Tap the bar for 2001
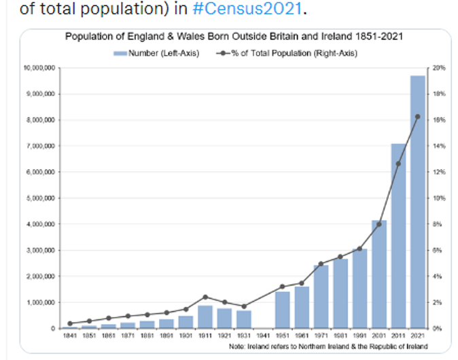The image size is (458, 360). click(x=379, y=274)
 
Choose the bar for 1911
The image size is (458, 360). click(x=205, y=317)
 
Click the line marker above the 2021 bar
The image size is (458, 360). click(x=417, y=117)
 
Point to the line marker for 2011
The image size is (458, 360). click(x=398, y=164)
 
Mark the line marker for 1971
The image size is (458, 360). click(x=321, y=264)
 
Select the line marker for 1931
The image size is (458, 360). click(x=244, y=306)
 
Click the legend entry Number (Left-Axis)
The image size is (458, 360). click(x=156, y=53)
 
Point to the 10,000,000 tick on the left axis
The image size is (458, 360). click(x=40, y=68)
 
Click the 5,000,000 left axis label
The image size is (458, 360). click(x=41, y=198)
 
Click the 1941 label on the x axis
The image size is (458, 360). click(x=263, y=336)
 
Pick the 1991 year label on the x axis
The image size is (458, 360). click(x=359, y=336)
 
